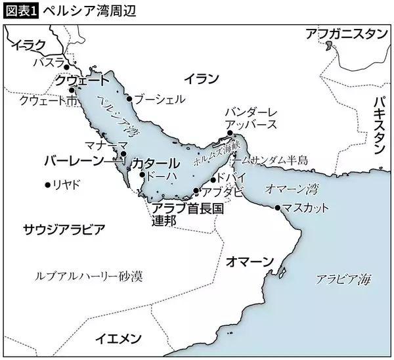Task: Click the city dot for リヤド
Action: coord(47,185)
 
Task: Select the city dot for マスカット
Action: coord(278,208)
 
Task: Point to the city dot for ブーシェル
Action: coord(130,100)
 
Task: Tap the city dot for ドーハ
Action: coord(142,175)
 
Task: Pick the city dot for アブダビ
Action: coord(196,191)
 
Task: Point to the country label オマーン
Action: coord(249,261)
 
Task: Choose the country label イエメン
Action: coord(118,338)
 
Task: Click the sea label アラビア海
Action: coord(343,279)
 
